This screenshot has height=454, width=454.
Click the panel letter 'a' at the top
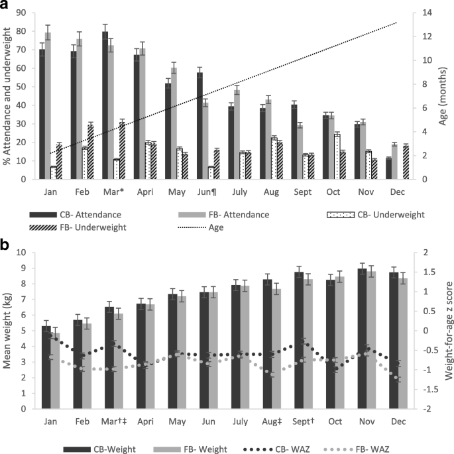5,6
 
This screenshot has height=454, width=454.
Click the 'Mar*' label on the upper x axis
111,190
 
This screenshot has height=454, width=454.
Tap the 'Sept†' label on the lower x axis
302,422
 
